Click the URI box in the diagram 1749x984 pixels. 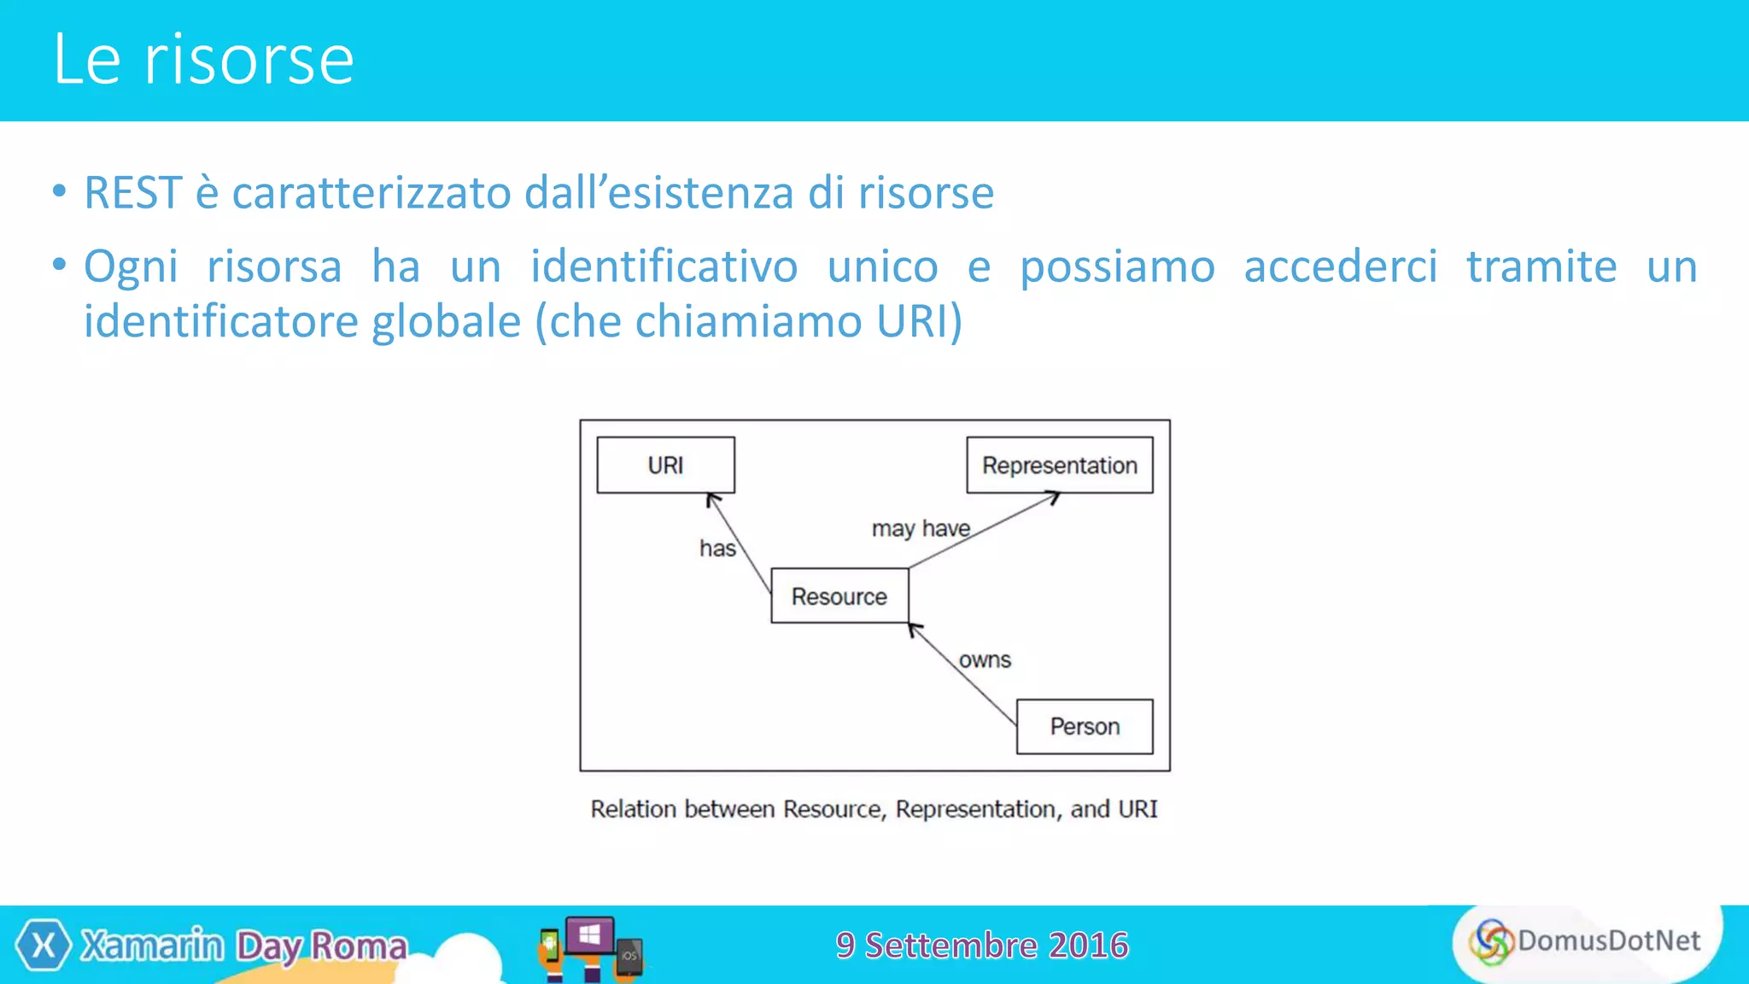pos(665,466)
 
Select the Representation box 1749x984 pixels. pos(1059,466)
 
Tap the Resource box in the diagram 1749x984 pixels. pos(839,596)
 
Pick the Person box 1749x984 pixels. pos(1085,727)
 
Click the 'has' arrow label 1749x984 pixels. pos(717,548)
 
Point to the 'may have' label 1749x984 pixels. pos(921,529)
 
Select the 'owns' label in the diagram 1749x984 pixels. pos(985,660)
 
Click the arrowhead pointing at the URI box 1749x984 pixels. pos(712,501)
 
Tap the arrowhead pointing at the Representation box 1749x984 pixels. pos(1053,497)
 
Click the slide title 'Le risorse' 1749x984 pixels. pos(203,60)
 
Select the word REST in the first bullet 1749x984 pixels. pos(133,193)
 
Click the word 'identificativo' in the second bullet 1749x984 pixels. pos(664,266)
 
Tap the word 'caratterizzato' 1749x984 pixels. pos(371,193)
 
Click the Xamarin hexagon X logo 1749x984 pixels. pos(44,946)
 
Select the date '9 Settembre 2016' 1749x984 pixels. pos(982,946)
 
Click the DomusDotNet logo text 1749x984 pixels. pos(1608,940)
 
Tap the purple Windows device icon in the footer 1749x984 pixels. pos(589,936)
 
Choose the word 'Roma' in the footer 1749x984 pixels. pos(359,946)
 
